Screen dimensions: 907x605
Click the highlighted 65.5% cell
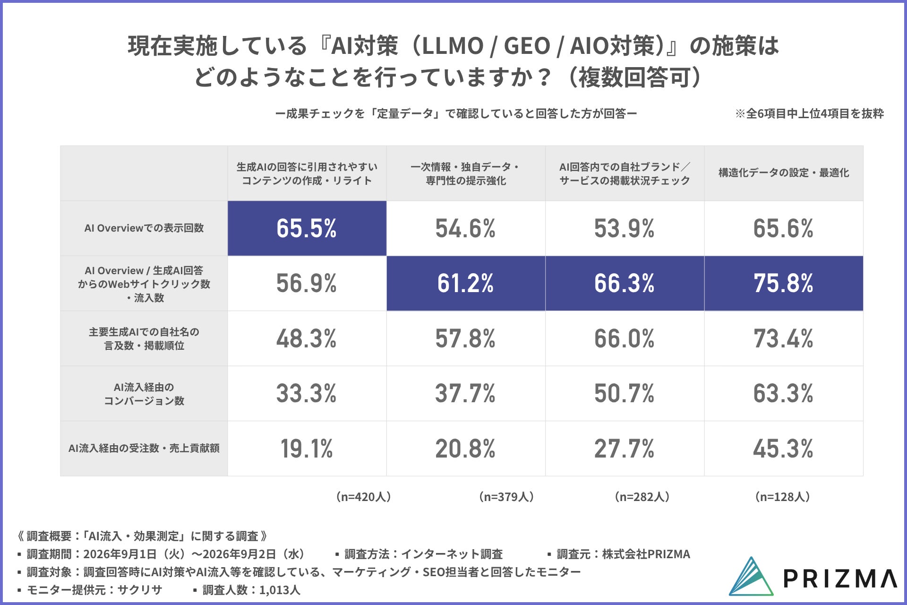coord(307,228)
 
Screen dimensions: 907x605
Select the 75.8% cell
coord(784,283)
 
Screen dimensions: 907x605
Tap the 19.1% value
coord(307,449)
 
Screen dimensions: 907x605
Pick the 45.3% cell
coord(784,449)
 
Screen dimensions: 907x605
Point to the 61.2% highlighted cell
coord(466,283)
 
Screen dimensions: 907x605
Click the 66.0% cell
coord(625,338)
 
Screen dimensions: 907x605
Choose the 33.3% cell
coord(307,393)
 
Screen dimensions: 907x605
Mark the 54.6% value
coord(466,228)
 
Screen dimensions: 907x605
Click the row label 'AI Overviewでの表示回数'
coord(144,228)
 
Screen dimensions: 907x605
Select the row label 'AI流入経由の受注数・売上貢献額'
coord(144,448)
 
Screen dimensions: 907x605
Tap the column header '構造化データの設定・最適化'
coord(784,173)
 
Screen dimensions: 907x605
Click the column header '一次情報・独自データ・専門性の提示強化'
coord(466,173)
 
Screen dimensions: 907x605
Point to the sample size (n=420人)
coord(363,497)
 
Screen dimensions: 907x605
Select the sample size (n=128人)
coord(783,497)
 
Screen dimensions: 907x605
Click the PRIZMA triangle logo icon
coord(751,576)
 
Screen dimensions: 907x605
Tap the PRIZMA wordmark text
coord(840,578)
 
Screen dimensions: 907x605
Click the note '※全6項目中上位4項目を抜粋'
coord(809,113)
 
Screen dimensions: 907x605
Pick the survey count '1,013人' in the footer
coord(280,590)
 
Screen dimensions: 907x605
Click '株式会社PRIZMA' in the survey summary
coord(646,554)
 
